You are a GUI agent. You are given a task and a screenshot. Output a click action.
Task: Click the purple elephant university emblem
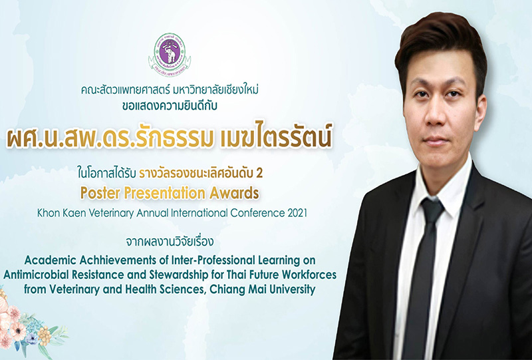point(170,55)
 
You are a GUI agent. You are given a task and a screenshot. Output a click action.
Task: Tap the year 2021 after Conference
point(297,213)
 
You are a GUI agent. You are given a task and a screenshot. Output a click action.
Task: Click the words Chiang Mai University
point(263,289)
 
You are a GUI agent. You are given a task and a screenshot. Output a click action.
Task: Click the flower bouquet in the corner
point(27,326)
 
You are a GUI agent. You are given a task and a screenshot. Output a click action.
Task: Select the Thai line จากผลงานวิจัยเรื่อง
point(170,242)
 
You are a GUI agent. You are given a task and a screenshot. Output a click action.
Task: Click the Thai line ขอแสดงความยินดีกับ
point(170,106)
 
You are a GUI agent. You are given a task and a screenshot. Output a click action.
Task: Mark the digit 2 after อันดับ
point(259,174)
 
